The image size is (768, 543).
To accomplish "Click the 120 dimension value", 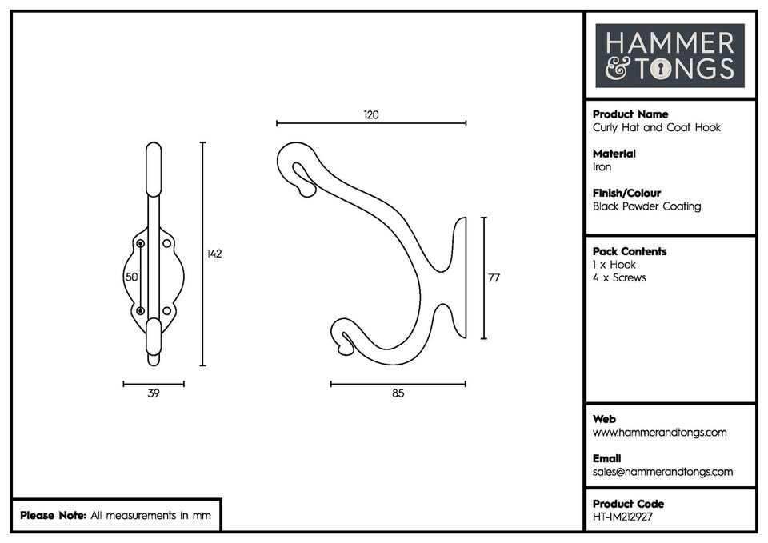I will tap(370, 114).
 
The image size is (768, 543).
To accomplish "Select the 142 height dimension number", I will tap(214, 254).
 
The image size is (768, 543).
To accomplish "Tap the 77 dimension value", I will tap(494, 277).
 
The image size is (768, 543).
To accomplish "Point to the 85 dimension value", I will tap(398, 393).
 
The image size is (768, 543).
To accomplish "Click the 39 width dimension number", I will tap(154, 393).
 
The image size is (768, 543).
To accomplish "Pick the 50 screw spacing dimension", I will tap(130, 277).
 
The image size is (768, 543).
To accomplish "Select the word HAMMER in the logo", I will tap(670, 42).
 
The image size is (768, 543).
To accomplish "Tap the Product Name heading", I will tap(630, 114).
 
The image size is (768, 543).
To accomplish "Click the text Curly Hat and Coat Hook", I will tap(656, 127).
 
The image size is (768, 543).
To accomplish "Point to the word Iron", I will tap(602, 167).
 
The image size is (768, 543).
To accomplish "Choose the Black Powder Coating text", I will tap(646, 206).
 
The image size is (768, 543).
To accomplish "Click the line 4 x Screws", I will tap(619, 277).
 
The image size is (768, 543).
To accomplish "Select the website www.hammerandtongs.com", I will tap(659, 433).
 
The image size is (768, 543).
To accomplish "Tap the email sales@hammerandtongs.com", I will tap(662, 472).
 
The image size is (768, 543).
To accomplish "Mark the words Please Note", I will tap(53, 516).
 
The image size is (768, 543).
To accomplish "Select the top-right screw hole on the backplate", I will tap(167, 242).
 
